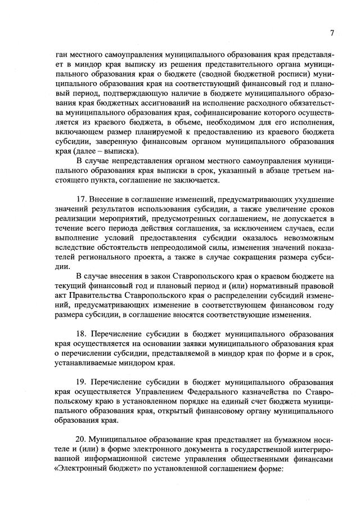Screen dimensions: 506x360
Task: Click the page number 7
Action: tap(332, 33)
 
